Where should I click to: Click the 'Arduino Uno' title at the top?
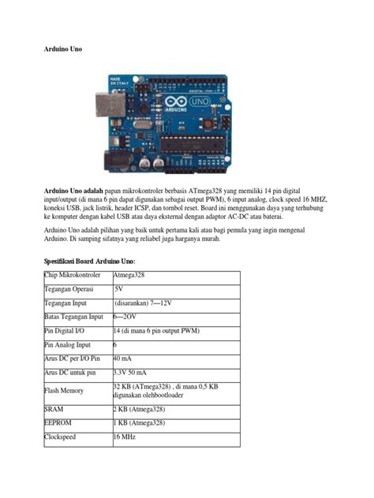pyautogui.click(x=62, y=49)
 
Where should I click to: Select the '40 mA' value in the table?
pyautogui.click(x=123, y=359)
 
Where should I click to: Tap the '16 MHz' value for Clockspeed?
pyautogui.click(x=125, y=437)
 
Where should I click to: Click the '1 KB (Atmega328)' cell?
pyautogui.click(x=139, y=423)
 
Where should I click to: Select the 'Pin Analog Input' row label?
pyautogui.click(x=68, y=344)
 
